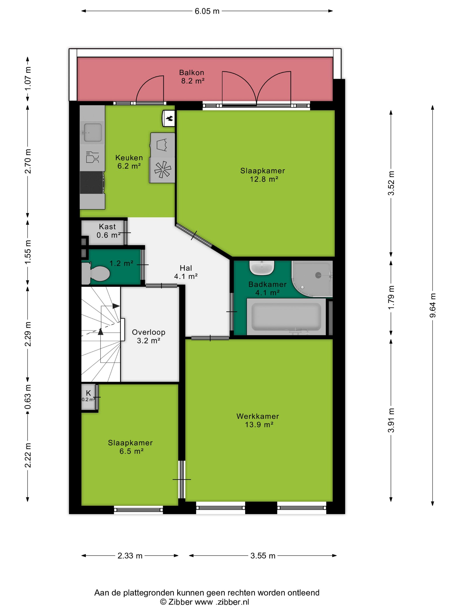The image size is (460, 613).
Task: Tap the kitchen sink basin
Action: (x=93, y=132)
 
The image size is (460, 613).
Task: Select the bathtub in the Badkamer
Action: (x=286, y=317)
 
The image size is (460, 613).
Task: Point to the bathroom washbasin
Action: (x=262, y=268)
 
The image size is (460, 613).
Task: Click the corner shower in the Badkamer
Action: (x=312, y=279)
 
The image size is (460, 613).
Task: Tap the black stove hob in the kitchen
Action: (x=92, y=182)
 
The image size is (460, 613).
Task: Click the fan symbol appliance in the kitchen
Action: (x=162, y=170)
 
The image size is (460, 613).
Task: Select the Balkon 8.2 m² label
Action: (x=192, y=77)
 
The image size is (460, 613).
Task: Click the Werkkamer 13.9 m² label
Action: (x=258, y=420)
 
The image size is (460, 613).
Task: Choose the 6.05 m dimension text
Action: (x=207, y=11)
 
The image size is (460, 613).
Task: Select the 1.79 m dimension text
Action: (x=391, y=298)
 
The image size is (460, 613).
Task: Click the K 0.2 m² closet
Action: (x=88, y=396)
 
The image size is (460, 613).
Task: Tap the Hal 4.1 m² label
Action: (x=186, y=272)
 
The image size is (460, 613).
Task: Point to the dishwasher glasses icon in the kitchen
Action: (x=92, y=157)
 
